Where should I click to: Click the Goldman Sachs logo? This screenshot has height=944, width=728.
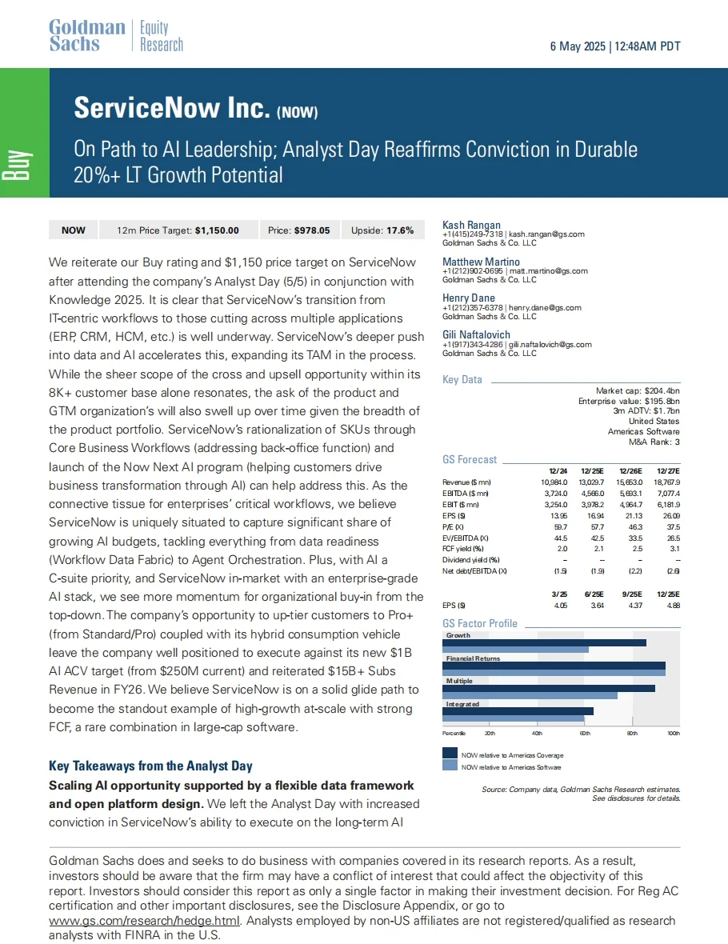pos(87,36)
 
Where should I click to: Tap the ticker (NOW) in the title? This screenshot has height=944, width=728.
pos(298,113)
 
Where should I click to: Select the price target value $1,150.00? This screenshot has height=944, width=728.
pos(217,230)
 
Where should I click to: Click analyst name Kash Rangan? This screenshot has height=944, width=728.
pos(472,226)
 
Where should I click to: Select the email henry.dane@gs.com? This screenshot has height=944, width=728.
pos(546,307)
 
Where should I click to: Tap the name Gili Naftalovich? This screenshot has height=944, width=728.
pos(476,335)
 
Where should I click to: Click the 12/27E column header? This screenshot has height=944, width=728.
pos(666,470)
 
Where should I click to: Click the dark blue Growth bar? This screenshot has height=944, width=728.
pos(544,642)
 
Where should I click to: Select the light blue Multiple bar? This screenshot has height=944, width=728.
pos(530,695)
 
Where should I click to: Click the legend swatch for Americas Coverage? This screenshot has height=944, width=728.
pos(450,754)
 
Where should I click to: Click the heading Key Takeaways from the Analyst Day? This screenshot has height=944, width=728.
pos(150,766)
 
